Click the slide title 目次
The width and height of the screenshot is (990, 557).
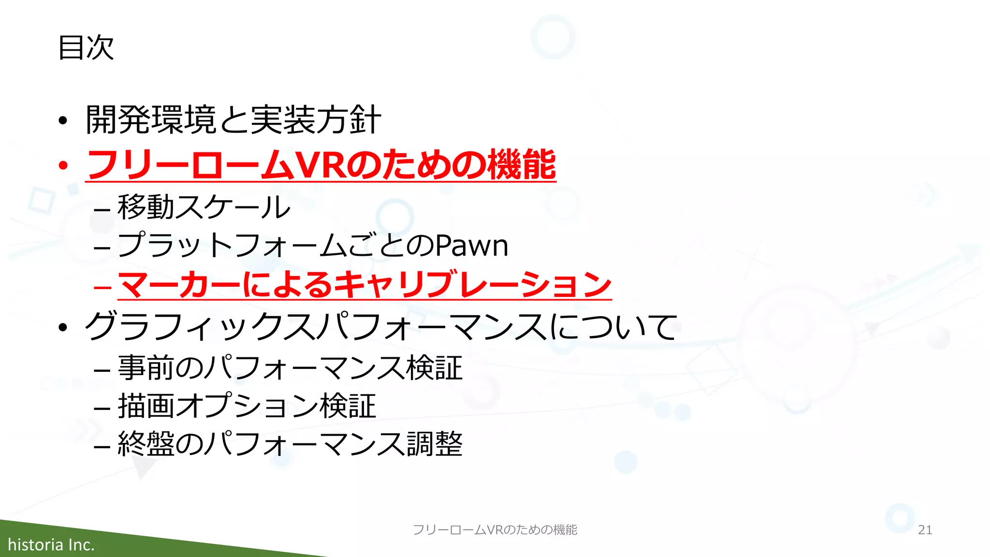86,48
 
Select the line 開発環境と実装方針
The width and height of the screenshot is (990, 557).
233,119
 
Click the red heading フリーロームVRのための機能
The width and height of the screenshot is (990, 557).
321,165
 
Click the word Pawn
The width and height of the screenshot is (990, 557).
472,246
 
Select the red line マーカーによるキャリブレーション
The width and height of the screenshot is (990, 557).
364,285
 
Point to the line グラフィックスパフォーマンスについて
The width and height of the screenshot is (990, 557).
381,326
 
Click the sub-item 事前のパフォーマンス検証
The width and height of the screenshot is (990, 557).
290,368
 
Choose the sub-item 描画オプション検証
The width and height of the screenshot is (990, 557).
247,406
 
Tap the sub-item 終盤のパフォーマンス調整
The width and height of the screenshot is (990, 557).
290,444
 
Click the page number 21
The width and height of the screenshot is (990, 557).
925,530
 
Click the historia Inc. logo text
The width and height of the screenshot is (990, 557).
51,545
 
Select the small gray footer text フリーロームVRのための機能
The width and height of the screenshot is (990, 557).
495,530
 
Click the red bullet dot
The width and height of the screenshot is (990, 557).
63,166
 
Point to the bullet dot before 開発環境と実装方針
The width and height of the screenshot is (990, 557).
63,121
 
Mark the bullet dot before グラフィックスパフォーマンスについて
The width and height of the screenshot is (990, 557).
63,328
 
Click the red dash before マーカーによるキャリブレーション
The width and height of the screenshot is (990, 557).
102,286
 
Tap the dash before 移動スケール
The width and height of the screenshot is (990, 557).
102,210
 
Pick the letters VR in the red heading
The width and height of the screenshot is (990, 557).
319,165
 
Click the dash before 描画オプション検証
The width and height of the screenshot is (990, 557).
102,409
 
